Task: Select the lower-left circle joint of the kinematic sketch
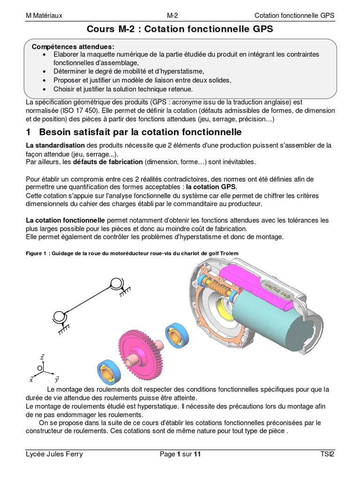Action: (60, 317)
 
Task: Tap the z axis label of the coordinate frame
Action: (42, 357)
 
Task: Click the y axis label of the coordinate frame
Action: (56, 379)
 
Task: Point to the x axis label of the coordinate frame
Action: (31, 379)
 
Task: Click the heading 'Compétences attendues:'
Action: (72, 46)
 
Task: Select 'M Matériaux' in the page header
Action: (44, 15)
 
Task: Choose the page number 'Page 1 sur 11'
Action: (180, 454)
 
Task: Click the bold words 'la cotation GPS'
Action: (215, 187)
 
